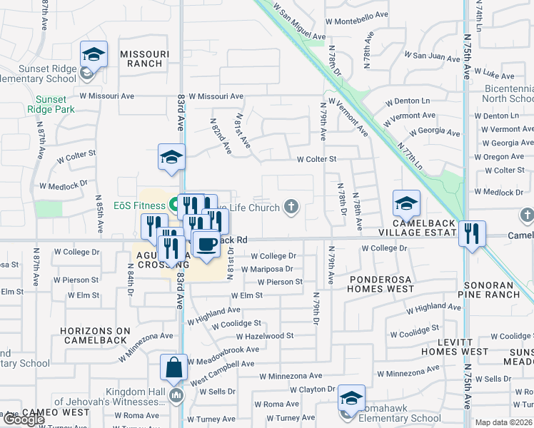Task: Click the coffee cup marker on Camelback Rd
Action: (x=206, y=244)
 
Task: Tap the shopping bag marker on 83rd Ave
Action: (x=173, y=368)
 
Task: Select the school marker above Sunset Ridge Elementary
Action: (x=94, y=54)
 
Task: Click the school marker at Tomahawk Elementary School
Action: (x=351, y=399)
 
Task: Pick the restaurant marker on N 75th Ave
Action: (x=472, y=233)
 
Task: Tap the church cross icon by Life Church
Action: (x=291, y=208)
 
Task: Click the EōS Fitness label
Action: (x=140, y=206)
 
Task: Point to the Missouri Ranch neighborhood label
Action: (x=144, y=58)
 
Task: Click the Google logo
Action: (x=24, y=419)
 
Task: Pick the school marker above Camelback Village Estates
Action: (x=405, y=204)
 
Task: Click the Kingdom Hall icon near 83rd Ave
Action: (x=176, y=394)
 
